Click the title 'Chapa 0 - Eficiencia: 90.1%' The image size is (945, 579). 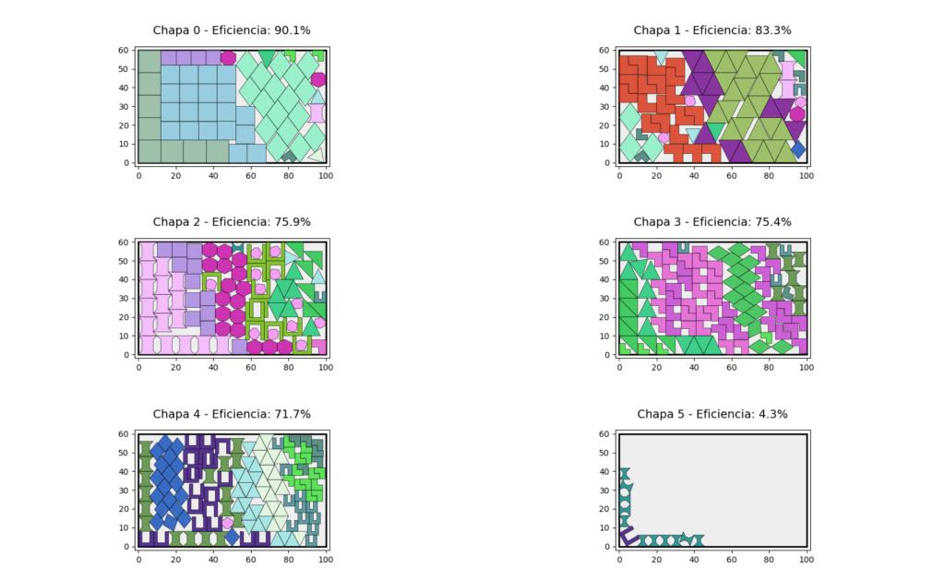pos(232,30)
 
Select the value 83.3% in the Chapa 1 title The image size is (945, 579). pos(772,30)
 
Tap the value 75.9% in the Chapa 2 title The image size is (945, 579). pos(292,222)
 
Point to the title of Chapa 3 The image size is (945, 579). pos(712,222)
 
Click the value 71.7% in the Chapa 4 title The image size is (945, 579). pos(292,414)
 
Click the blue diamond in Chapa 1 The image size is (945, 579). pos(798,149)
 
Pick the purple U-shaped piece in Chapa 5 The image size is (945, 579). pos(628,534)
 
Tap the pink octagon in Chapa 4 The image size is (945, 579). pos(227,523)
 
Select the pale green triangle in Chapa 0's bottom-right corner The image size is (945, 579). pos(317,155)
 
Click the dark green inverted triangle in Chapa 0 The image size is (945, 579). pos(267,59)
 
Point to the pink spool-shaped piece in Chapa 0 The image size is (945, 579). pos(317,112)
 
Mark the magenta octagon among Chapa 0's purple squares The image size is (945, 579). pos(228,58)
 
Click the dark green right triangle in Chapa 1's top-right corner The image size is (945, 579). pos(797,58)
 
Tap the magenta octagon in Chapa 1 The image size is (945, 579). pos(797,114)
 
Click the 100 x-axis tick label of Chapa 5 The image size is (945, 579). pos(806,559)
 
